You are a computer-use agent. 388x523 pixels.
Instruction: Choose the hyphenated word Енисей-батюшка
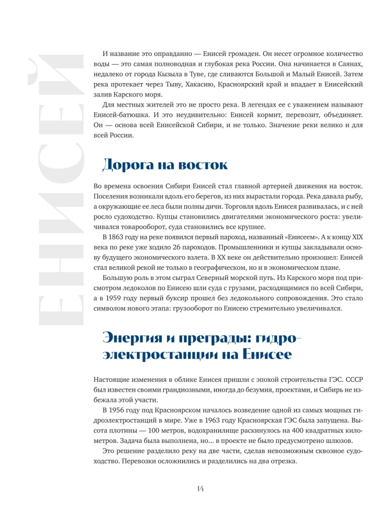pyautogui.click(x=122, y=115)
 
